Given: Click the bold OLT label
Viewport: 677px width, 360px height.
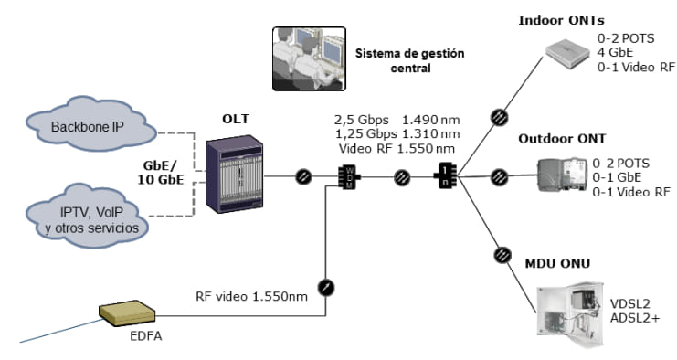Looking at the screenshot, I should pos(235,119).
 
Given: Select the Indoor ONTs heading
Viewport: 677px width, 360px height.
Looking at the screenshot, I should pos(562,19).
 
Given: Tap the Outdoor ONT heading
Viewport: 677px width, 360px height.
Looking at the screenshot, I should pos(562,139).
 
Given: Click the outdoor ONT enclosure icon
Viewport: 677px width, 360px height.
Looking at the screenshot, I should pos(559,175).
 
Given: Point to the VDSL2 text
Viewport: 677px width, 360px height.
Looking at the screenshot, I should pos(629,303).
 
